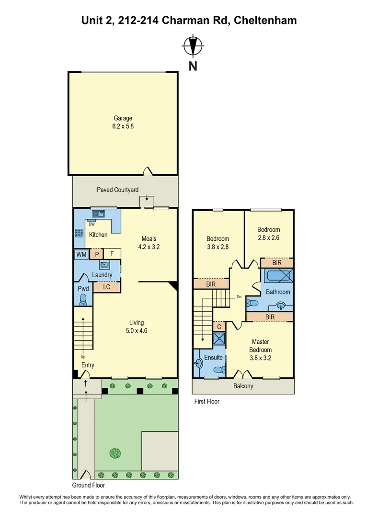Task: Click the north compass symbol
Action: coord(193,46)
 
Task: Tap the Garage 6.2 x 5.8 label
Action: coord(123,122)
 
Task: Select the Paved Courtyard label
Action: coord(117,190)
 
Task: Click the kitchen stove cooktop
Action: coord(79,234)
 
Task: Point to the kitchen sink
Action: coord(99,214)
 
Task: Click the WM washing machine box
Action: coord(81,255)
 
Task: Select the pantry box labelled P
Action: coord(96,255)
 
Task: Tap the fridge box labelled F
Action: coord(112,255)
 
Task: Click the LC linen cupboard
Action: coord(106,287)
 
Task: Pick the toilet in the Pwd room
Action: coord(83,299)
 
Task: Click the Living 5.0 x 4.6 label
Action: coord(136,326)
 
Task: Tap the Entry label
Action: coord(88,365)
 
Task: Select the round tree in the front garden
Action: coord(115,452)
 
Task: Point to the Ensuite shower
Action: coord(219,339)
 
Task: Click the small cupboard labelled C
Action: coord(219,326)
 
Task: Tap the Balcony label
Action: coord(243,386)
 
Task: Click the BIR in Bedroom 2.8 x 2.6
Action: coord(276,263)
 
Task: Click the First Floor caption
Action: coord(206,401)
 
